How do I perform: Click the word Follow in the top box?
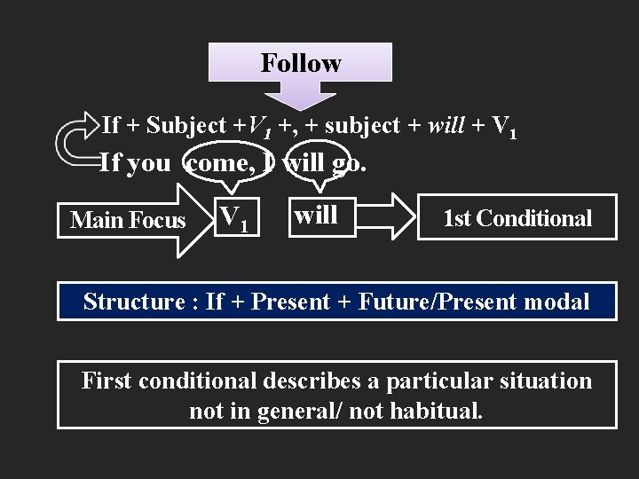(x=301, y=63)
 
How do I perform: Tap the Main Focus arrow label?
(x=128, y=219)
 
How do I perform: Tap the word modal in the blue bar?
(x=556, y=302)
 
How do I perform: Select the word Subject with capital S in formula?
(x=186, y=126)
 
